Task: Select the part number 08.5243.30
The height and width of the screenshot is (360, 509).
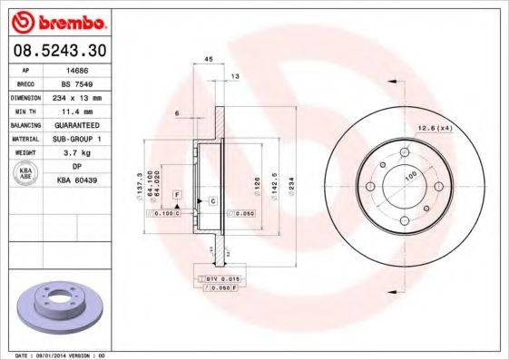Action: coord(59,48)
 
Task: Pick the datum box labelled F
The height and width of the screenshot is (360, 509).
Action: coord(177,195)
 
